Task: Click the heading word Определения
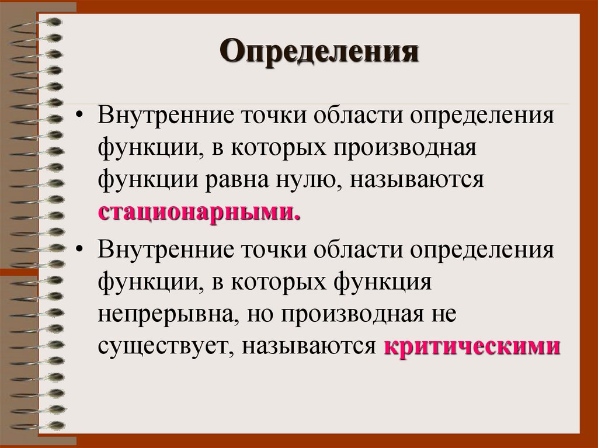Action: (320, 53)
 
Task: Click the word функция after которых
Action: (383, 283)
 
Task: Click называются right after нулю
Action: (418, 179)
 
